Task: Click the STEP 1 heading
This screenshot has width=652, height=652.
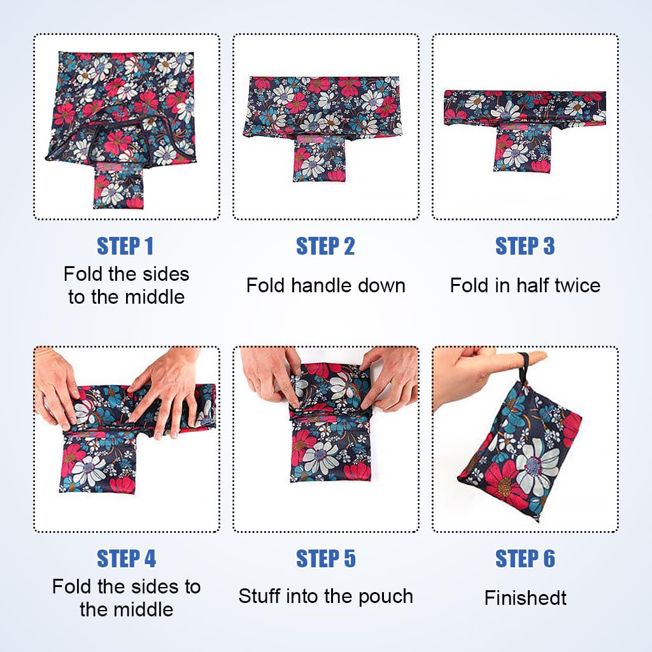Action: click(x=125, y=246)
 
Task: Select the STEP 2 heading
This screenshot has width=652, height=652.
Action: click(x=325, y=246)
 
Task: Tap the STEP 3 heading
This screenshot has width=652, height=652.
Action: click(x=525, y=246)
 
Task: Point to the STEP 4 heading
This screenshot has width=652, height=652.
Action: click(x=125, y=559)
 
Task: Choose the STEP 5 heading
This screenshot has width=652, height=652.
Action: click(x=325, y=559)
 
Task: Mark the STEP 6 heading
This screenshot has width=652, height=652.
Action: click(x=525, y=559)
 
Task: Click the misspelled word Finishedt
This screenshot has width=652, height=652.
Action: click(x=525, y=598)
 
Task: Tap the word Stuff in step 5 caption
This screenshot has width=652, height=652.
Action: click(x=260, y=597)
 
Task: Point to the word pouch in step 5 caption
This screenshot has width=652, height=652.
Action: click(x=387, y=597)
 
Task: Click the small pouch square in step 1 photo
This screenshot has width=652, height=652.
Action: click(x=120, y=186)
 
